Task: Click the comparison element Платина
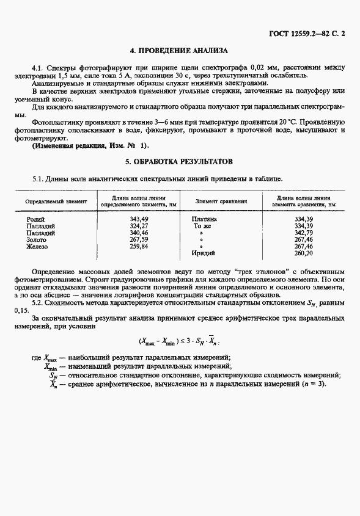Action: [204, 219]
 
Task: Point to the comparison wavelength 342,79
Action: [304, 233]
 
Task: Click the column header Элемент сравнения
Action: [221, 201]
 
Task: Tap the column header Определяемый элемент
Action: [56, 201]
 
